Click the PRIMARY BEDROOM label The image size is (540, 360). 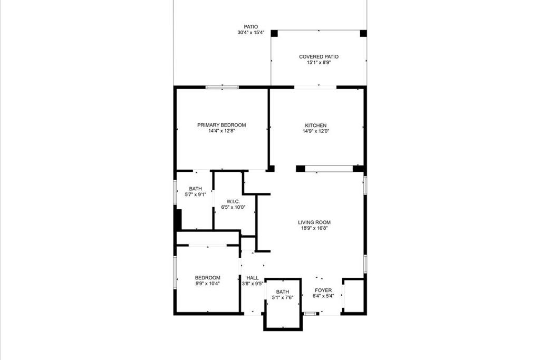tap(221, 125)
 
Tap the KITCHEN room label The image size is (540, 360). tap(315, 125)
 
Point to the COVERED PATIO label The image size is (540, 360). tap(319, 56)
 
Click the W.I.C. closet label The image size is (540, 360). tap(233, 201)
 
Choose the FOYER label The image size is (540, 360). tap(323, 290)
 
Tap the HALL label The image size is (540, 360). tap(253, 278)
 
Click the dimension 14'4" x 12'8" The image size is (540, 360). tap(221, 131)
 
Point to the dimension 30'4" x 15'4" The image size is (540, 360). tap(250, 33)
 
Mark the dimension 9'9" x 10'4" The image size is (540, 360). tap(207, 284)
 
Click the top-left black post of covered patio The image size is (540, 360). tap(274, 33)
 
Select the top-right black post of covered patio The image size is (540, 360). tap(363, 33)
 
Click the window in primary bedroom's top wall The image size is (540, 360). tap(221, 87)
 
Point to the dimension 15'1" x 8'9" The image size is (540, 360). tap(319, 62)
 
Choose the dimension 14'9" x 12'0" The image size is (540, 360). tap(315, 131)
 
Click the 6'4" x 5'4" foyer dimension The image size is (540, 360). tap(323, 296)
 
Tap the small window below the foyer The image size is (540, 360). tap(311, 314)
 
